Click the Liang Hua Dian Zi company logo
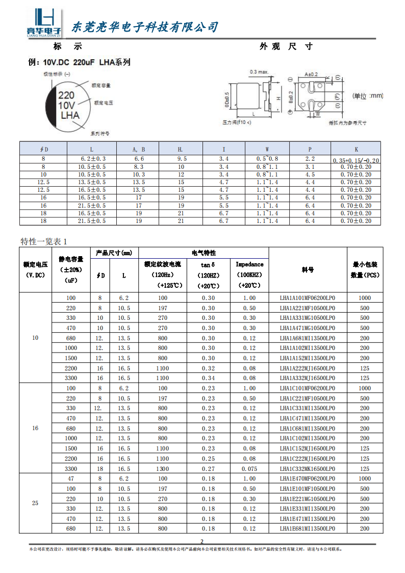pyautogui.click(x=43, y=24)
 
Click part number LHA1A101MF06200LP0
pyautogui.click(x=308, y=298)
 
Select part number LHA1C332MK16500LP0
pyautogui.click(x=308, y=468)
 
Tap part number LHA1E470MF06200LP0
pyautogui.click(x=308, y=479)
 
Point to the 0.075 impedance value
pyautogui.click(x=249, y=468)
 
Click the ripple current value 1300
pyautogui.click(x=162, y=468)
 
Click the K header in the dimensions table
pyautogui.click(x=356, y=149)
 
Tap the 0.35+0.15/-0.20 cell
pyautogui.click(x=356, y=160)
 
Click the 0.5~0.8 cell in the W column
pyautogui.click(x=267, y=159)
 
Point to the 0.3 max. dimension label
pyautogui.click(x=259, y=72)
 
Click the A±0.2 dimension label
pyautogui.click(x=311, y=74)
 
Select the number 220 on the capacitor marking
pyautogui.click(x=66, y=95)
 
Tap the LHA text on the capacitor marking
pyautogui.click(x=70, y=116)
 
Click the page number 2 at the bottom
pyautogui.click(x=202, y=541)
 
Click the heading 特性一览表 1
pyautogui.click(x=44, y=241)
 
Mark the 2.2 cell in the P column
pyautogui.click(x=310, y=159)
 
